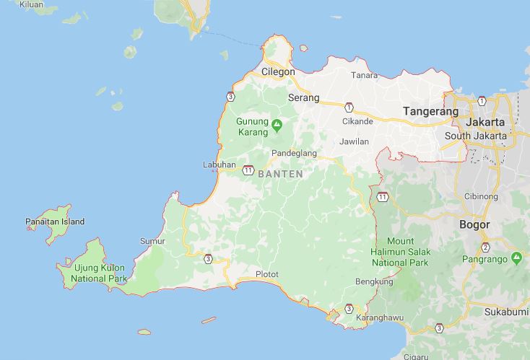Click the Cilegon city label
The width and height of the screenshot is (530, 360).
pos(278,72)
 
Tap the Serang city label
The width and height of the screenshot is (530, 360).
pos(303,97)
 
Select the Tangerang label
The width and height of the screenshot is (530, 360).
pos(430,111)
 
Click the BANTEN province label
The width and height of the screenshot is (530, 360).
pos(279,174)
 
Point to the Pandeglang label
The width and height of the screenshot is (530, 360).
pos(295,154)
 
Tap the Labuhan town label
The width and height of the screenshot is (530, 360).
pos(220,164)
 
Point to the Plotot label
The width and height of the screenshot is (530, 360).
pos(266,274)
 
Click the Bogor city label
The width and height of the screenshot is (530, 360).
pos(474,224)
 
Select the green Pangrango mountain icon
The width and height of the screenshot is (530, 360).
pos(516,257)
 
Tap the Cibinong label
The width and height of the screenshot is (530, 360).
pos(481,196)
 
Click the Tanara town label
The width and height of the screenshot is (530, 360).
pos(364,75)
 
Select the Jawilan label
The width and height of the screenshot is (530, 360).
pos(354,141)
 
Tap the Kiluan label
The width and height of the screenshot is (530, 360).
pos(31,4)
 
